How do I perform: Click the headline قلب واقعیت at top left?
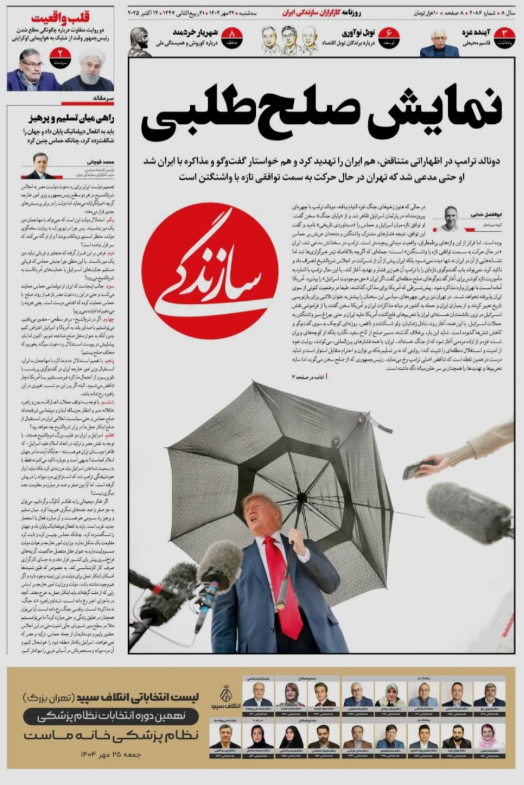[60, 17]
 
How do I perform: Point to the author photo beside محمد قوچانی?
[39, 166]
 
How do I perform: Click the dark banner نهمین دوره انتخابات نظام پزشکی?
[111, 717]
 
